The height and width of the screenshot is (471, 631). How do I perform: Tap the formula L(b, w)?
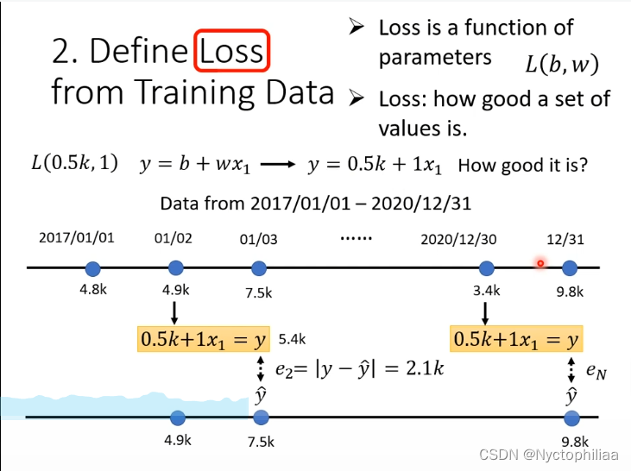(x=561, y=63)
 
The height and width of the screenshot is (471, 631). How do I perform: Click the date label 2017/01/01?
(x=77, y=238)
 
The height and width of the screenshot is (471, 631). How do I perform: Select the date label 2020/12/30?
(x=458, y=238)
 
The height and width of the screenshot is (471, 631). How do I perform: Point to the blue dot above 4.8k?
(x=93, y=267)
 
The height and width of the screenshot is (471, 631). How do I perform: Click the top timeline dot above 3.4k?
(x=486, y=267)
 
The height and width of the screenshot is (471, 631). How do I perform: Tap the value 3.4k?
(x=486, y=291)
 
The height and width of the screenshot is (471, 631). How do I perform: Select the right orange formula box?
(x=515, y=339)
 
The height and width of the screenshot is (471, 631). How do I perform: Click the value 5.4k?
(x=292, y=338)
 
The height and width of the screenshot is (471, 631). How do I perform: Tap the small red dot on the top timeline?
(x=540, y=263)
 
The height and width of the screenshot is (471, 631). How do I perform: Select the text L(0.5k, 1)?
(x=74, y=164)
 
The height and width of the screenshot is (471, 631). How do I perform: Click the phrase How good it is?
(x=523, y=165)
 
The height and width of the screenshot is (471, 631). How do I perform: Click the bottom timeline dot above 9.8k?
(x=571, y=418)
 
